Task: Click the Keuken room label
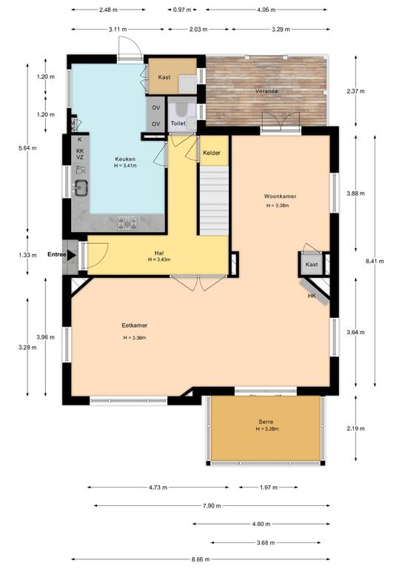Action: [125, 159]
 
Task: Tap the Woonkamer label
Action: [280, 196]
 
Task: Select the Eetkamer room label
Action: [135, 325]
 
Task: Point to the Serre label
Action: [266, 422]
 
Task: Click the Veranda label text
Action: [267, 91]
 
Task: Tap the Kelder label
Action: [212, 153]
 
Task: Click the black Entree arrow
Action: [72, 255]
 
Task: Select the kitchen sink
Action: [81, 187]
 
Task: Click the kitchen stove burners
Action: [127, 224]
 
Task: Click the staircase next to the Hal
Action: [215, 201]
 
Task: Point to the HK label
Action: [312, 296]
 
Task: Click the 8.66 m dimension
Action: [200, 559]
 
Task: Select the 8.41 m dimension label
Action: [375, 261]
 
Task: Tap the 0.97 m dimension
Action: [182, 10]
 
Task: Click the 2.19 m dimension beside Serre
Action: [355, 428]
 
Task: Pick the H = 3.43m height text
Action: [159, 259]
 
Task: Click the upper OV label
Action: [156, 107]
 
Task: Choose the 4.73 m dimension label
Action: [158, 488]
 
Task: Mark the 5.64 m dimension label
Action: [27, 148]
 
